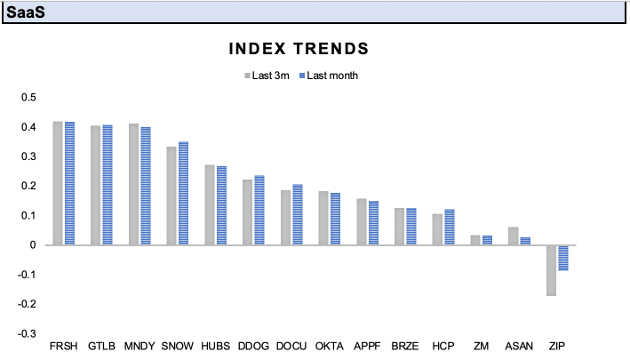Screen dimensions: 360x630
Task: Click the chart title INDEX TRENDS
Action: point(299,48)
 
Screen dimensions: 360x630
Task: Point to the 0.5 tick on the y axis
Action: point(28,98)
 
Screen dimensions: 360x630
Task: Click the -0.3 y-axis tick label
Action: point(27,333)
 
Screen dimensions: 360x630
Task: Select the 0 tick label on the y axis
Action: point(33,245)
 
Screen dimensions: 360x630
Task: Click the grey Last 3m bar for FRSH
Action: point(58,183)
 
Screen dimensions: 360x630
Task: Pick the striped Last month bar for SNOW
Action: point(183,193)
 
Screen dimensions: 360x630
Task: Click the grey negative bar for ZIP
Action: point(552,270)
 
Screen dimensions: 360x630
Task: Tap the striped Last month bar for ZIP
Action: point(563,258)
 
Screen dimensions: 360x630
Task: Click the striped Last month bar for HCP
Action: point(449,228)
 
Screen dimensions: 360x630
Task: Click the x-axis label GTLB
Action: point(100,345)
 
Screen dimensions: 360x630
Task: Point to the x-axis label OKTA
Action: point(329,345)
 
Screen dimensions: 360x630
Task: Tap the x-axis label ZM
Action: point(481,345)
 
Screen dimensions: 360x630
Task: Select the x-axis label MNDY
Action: point(139,345)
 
